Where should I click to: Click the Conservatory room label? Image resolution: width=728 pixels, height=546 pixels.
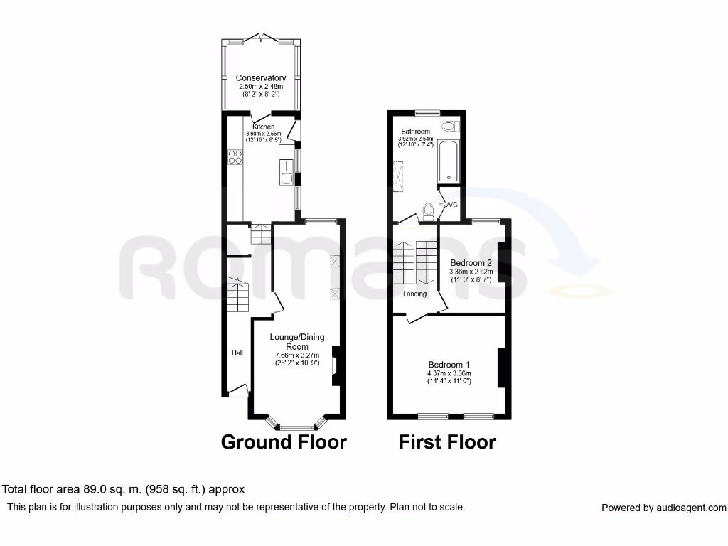coord(261,78)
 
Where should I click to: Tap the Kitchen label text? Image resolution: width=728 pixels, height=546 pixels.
coord(264,127)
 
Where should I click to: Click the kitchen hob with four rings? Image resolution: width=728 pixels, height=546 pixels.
coord(235,157)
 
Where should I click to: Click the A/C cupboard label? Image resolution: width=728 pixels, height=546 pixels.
coord(452,205)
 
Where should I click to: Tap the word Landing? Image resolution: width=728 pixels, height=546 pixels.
coord(415,294)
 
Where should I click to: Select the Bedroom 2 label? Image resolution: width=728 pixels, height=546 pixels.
coord(471,262)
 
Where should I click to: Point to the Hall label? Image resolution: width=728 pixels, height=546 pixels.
coord(237,353)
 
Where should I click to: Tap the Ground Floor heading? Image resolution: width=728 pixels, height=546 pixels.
coord(284,442)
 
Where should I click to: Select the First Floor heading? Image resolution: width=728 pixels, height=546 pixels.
coord(447,442)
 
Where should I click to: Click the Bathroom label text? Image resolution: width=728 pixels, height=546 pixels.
coord(415,132)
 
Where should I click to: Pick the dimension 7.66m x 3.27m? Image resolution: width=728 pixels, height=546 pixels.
coord(298,355)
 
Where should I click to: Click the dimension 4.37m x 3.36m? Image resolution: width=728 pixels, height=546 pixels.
coord(449,373)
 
